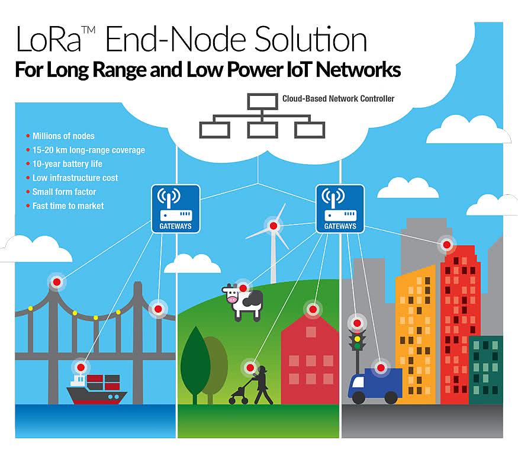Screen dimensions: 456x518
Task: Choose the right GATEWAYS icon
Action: pyautogui.click(x=340, y=208)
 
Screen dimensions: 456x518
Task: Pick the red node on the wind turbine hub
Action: pyautogui.click(x=274, y=226)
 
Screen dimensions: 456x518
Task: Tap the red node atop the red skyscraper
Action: pyautogui.click(x=446, y=243)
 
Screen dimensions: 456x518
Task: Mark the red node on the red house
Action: pyautogui.click(x=312, y=309)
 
